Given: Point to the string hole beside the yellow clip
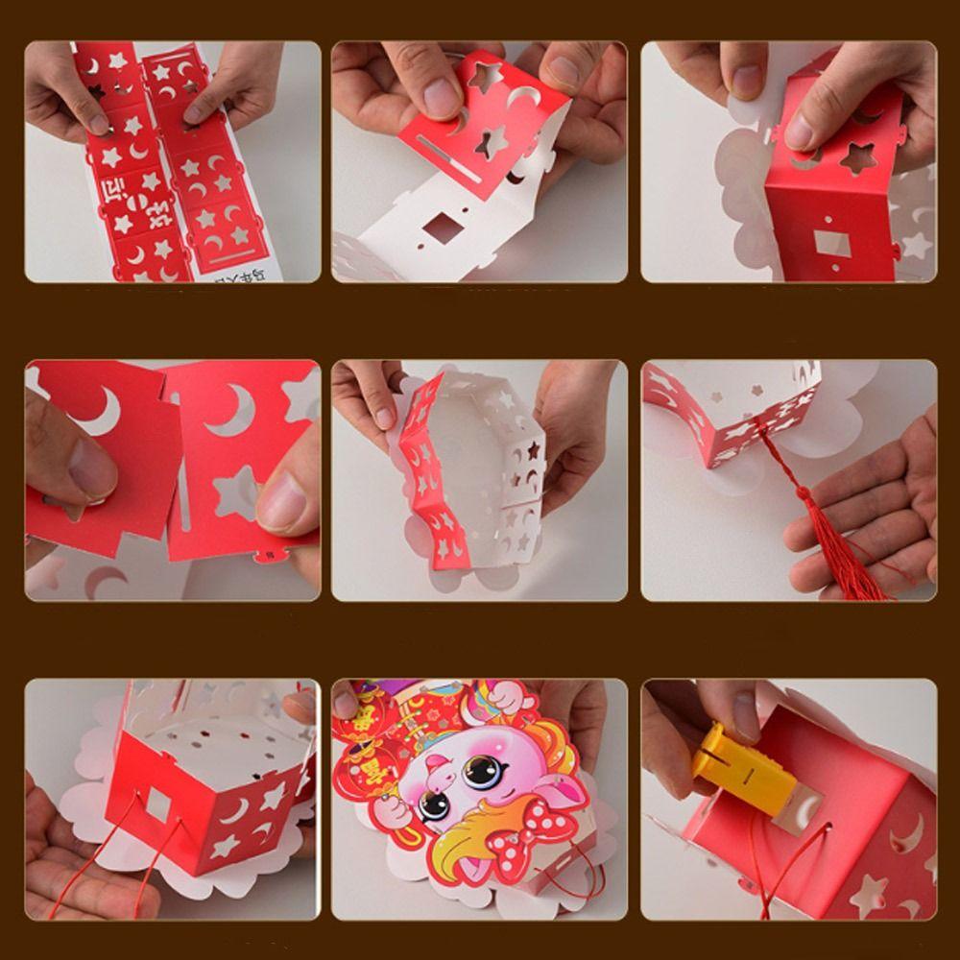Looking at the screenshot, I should (x=814, y=797).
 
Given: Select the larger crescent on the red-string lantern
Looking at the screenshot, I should (x=235, y=811).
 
